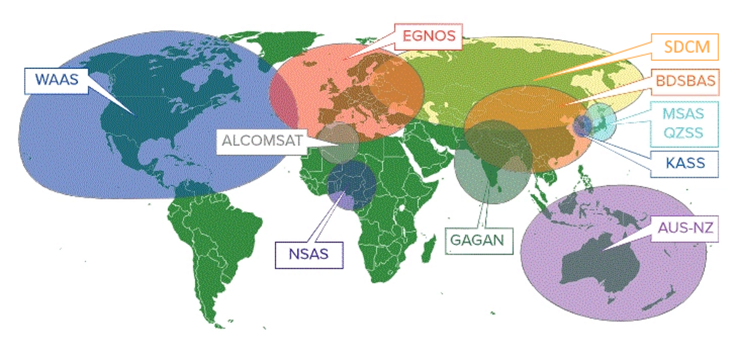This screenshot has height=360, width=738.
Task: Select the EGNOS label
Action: coord(429,37)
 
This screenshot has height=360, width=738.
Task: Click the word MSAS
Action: coord(683,114)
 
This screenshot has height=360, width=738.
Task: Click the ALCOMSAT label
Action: coord(263,141)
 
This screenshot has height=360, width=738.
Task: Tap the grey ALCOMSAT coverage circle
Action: coord(338,142)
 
